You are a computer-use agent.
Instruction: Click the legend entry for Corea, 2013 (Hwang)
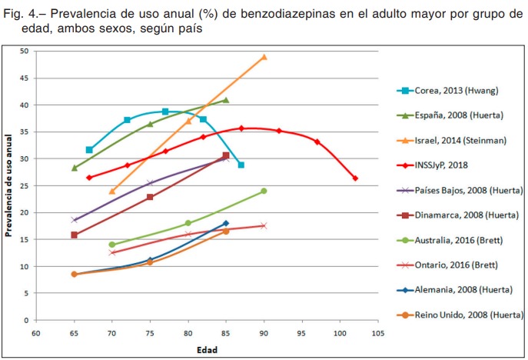pyautogui.click(x=457, y=91)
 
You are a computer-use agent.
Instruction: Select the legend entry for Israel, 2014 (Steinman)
pyautogui.click(x=460, y=140)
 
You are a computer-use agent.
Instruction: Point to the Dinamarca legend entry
pyautogui.click(x=467, y=215)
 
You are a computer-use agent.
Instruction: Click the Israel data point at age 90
pyautogui.click(x=264, y=57)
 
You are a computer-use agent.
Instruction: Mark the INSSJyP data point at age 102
pyautogui.click(x=355, y=178)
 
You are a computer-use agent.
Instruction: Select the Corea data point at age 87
pyautogui.click(x=241, y=165)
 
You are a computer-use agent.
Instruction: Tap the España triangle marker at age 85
pyautogui.click(x=226, y=100)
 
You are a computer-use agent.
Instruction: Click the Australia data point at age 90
pyautogui.click(x=264, y=191)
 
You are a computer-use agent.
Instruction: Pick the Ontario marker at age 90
pyautogui.click(x=264, y=225)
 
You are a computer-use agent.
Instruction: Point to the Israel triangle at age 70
pyautogui.click(x=112, y=192)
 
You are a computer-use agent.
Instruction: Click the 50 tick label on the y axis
pyautogui.click(x=25, y=52)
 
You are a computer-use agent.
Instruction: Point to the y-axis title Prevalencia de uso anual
pyautogui.click(x=9, y=186)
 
